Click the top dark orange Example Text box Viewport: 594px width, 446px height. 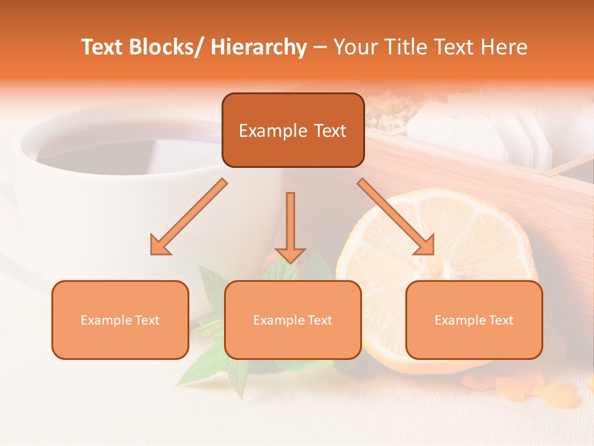293,130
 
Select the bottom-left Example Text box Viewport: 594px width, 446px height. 120,320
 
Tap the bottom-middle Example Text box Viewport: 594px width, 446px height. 293,320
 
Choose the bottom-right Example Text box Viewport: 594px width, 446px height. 474,320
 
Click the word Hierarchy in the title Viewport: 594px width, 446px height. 259,47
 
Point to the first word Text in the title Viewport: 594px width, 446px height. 103,47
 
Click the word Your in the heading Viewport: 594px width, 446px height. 355,47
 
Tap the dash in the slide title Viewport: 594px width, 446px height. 320,47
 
